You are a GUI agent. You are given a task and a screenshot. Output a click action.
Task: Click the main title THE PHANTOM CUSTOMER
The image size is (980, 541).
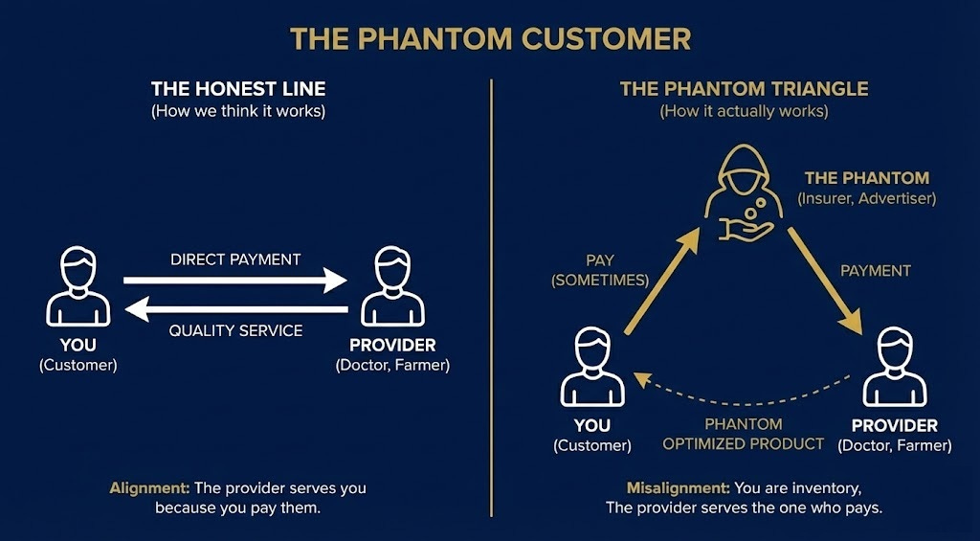490,39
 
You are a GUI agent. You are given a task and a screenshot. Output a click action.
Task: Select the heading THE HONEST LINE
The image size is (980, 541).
238,89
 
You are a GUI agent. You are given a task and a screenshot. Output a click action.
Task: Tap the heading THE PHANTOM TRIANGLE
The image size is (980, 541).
744,89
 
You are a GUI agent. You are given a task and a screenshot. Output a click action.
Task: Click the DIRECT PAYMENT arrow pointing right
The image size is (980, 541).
235,281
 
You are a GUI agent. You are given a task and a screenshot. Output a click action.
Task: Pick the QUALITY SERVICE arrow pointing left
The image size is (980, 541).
235,309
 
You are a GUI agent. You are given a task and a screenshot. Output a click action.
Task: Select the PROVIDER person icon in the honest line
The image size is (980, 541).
392,286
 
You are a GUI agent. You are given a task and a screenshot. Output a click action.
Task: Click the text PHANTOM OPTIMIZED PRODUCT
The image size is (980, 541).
743,434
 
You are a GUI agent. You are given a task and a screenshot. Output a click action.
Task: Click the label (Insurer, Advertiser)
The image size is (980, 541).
866,198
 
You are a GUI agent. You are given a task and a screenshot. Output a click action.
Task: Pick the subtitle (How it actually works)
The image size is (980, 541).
744,112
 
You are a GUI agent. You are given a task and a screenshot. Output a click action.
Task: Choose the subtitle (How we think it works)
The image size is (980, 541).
238,112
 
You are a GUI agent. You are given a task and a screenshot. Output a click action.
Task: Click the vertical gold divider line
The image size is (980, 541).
491,287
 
